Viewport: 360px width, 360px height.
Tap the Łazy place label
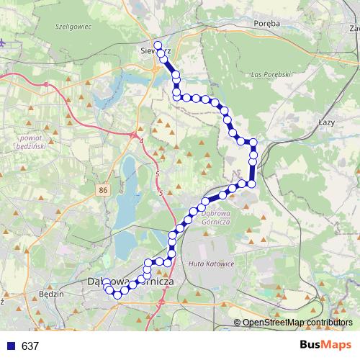(x=326, y=123)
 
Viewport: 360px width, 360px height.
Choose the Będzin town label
(x=53, y=294)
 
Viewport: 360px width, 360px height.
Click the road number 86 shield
(x=104, y=189)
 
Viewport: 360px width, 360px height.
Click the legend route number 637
(x=30, y=346)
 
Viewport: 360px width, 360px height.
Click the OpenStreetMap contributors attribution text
(x=297, y=323)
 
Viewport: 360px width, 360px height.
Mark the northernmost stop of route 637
(x=158, y=45)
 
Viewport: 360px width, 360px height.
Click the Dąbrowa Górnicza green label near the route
(x=215, y=217)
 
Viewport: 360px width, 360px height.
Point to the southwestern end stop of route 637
(x=106, y=285)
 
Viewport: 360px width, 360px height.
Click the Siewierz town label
(x=153, y=52)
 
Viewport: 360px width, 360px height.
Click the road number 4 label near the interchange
(x=142, y=140)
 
